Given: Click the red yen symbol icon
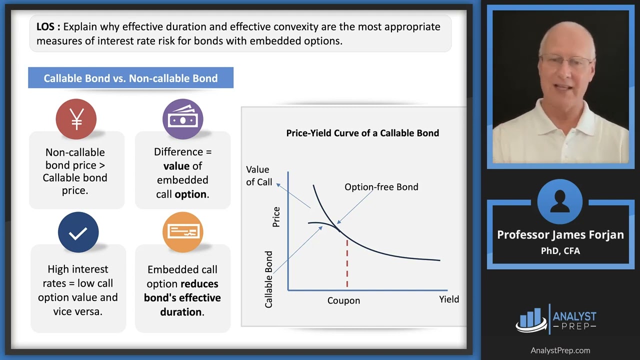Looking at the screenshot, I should [76, 119].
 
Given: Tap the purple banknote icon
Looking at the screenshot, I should [182, 119].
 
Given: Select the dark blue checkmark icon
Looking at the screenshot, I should [78, 232].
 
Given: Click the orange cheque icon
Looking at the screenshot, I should [182, 232].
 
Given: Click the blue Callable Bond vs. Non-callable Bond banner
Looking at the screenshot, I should [130, 78].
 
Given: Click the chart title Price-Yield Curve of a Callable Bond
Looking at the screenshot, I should [362, 133].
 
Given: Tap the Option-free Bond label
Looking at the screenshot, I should [381, 187].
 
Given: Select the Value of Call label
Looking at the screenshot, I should [258, 175].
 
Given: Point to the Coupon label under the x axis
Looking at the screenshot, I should [343, 300].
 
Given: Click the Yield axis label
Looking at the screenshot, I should [448, 299].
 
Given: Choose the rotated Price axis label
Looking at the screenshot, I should [276, 217].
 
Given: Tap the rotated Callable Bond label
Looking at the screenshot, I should [268, 279].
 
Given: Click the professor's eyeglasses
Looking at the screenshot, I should [566, 62].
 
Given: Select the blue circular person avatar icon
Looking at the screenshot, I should [559, 201].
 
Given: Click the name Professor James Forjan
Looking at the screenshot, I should [560, 234].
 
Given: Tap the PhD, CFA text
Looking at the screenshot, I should [560, 250].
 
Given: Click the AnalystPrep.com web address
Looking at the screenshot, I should [560, 350].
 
